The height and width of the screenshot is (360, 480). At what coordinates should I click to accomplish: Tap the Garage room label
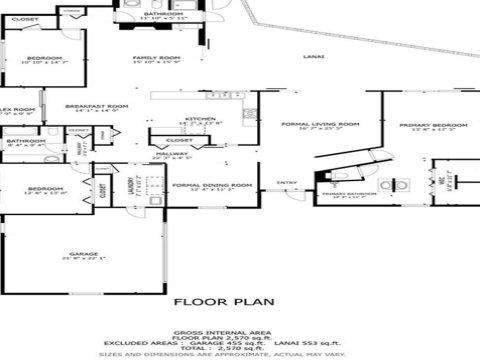pos(68,254)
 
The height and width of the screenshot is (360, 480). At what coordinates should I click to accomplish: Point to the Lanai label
pos(313,57)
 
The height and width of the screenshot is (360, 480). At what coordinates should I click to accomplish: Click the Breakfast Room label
pos(97,104)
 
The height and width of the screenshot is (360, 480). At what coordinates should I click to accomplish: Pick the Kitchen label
pos(200,118)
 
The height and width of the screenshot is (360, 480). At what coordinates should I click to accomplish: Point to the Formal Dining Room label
pos(211,185)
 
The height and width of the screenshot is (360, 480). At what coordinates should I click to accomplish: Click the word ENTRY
pos(287,182)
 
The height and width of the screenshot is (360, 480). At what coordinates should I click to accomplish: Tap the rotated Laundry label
pos(131,185)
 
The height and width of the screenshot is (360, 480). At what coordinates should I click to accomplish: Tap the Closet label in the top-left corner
pos(25,19)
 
